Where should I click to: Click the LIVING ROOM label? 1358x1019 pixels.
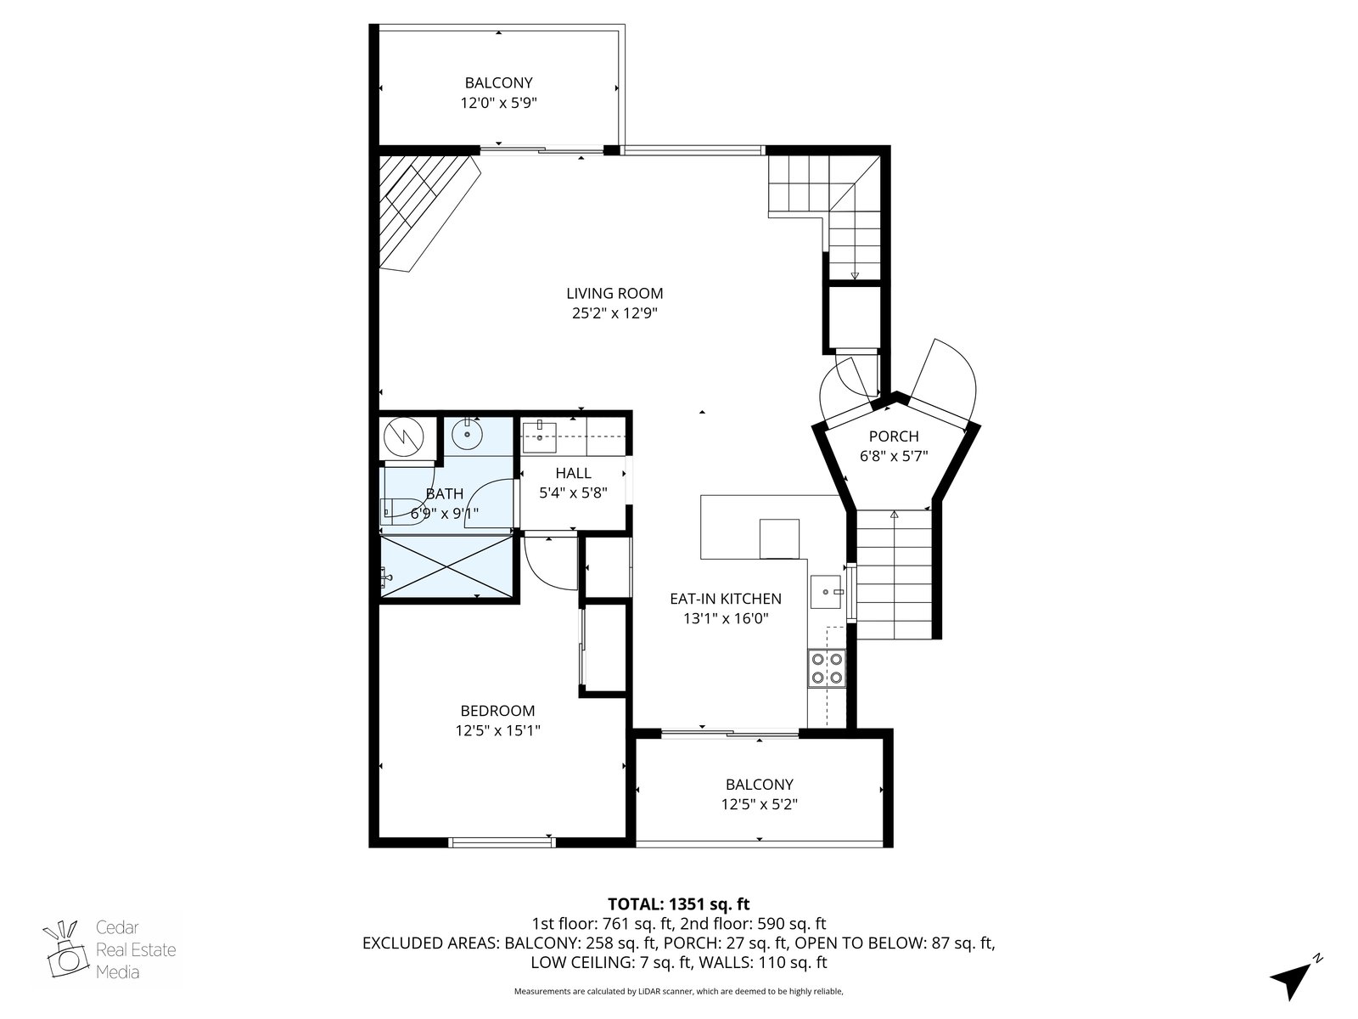pyautogui.click(x=614, y=293)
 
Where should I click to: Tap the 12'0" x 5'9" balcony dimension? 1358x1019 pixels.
pyautogui.click(x=499, y=103)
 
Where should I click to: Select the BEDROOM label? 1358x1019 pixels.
pyautogui.click(x=497, y=711)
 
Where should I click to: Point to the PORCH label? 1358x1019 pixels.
pyautogui.click(x=894, y=436)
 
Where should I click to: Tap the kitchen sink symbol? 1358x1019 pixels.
pyautogui.click(x=826, y=592)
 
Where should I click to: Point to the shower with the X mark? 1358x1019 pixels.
pyautogui.click(x=446, y=566)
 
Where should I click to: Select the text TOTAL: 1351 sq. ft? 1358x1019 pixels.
pyautogui.click(x=679, y=904)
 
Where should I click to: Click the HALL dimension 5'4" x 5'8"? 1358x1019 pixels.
pyautogui.click(x=573, y=493)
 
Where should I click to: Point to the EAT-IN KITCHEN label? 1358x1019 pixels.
pyautogui.click(x=726, y=599)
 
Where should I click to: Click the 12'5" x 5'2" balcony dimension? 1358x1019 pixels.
pyautogui.click(x=759, y=804)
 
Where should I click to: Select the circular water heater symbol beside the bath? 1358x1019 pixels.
pyautogui.click(x=403, y=437)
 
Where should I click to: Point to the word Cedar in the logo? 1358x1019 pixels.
pyautogui.click(x=117, y=927)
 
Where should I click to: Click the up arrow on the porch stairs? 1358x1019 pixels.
pyautogui.click(x=894, y=514)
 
